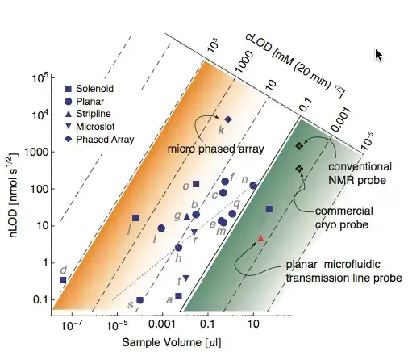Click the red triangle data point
coord(260,238)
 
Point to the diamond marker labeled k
coord(228,119)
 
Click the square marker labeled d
coord(63,280)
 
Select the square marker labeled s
coord(139,300)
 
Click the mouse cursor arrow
coord(380,54)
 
